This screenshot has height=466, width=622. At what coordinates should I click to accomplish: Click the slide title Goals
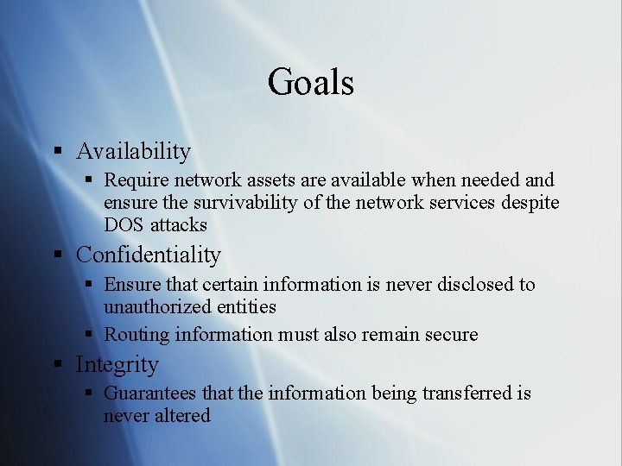pyautogui.click(x=310, y=83)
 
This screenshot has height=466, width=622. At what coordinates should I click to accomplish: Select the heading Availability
pyautogui.click(x=133, y=151)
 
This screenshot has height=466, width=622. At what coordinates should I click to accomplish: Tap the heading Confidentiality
pyautogui.click(x=148, y=255)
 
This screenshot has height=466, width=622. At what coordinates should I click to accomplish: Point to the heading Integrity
pyautogui.click(x=117, y=365)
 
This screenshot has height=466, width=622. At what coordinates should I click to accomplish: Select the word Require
pyautogui.click(x=136, y=180)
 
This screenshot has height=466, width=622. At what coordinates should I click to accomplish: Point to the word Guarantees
pyautogui.click(x=150, y=394)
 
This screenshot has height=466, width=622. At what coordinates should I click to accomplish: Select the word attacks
pyautogui.click(x=179, y=225)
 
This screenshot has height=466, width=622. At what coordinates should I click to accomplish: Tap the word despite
pyautogui.click(x=530, y=203)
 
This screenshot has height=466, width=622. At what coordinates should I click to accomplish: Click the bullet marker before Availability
pyautogui.click(x=57, y=151)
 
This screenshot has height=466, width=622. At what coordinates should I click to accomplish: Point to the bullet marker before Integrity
pyautogui.click(x=57, y=364)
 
